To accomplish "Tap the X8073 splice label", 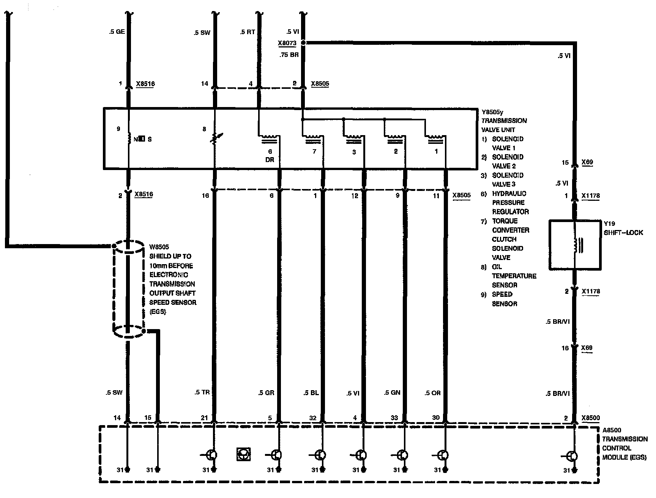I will tap(287, 43).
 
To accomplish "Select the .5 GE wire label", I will tap(117, 32).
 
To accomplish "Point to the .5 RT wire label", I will tap(248, 32).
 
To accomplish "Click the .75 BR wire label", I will tap(289, 55).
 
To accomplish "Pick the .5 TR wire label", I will tap(202, 392).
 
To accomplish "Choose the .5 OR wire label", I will tap(433, 393).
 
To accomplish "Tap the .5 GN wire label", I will tap(392, 392).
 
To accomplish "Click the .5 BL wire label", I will tap(311, 392).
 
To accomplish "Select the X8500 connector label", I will tap(591, 418).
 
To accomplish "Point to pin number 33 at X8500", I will tap(394, 418).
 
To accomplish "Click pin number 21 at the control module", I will tap(205, 418).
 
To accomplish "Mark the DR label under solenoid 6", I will tap(270, 159).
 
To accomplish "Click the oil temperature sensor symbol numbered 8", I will tap(215, 139).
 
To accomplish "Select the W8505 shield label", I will tap(159, 247).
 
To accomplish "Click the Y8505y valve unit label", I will tap(492, 112).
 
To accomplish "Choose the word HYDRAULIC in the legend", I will tap(509, 193).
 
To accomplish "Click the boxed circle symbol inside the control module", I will tap(243, 454).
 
